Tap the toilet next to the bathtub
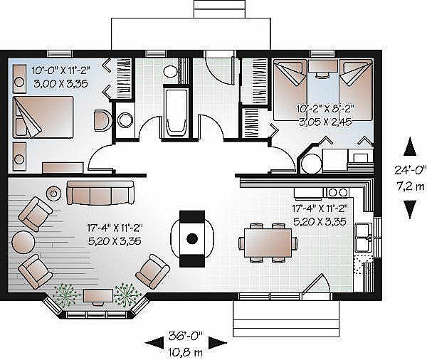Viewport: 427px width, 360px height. tap(171, 71)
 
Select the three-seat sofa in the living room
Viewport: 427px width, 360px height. tap(100, 193)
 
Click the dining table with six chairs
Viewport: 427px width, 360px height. tap(268, 243)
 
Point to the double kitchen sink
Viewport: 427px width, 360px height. tap(364, 237)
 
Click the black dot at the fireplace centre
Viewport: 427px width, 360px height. tap(192, 238)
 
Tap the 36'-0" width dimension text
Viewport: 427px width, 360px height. tap(186, 336)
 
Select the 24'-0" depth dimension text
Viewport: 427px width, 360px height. tap(411, 170)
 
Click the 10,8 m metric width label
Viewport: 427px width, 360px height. tap(185, 353)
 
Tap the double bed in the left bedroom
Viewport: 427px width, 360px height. tap(43, 117)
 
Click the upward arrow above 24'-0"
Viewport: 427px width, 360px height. tap(410, 147)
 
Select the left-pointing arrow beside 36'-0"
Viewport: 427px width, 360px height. tap(154, 344)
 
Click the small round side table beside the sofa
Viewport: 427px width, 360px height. tap(53, 194)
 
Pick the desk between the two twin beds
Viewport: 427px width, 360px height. tap(323, 66)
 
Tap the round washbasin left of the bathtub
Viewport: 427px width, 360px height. tap(125, 120)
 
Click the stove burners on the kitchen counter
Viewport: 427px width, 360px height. tap(337, 192)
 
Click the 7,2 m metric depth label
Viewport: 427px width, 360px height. tap(411, 187)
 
